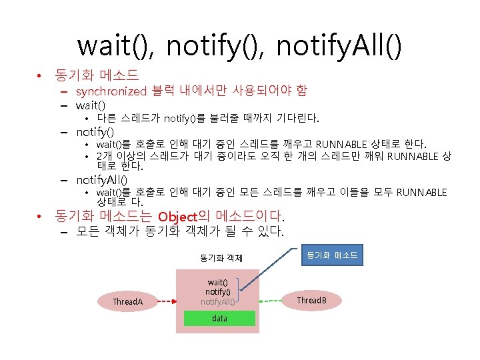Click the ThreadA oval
128,301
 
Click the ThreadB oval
312,301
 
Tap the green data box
219,319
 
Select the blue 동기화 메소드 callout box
332,255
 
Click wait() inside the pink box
218,282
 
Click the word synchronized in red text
111,91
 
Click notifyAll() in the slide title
339,46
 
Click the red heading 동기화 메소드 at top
97,75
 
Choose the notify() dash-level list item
100,131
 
